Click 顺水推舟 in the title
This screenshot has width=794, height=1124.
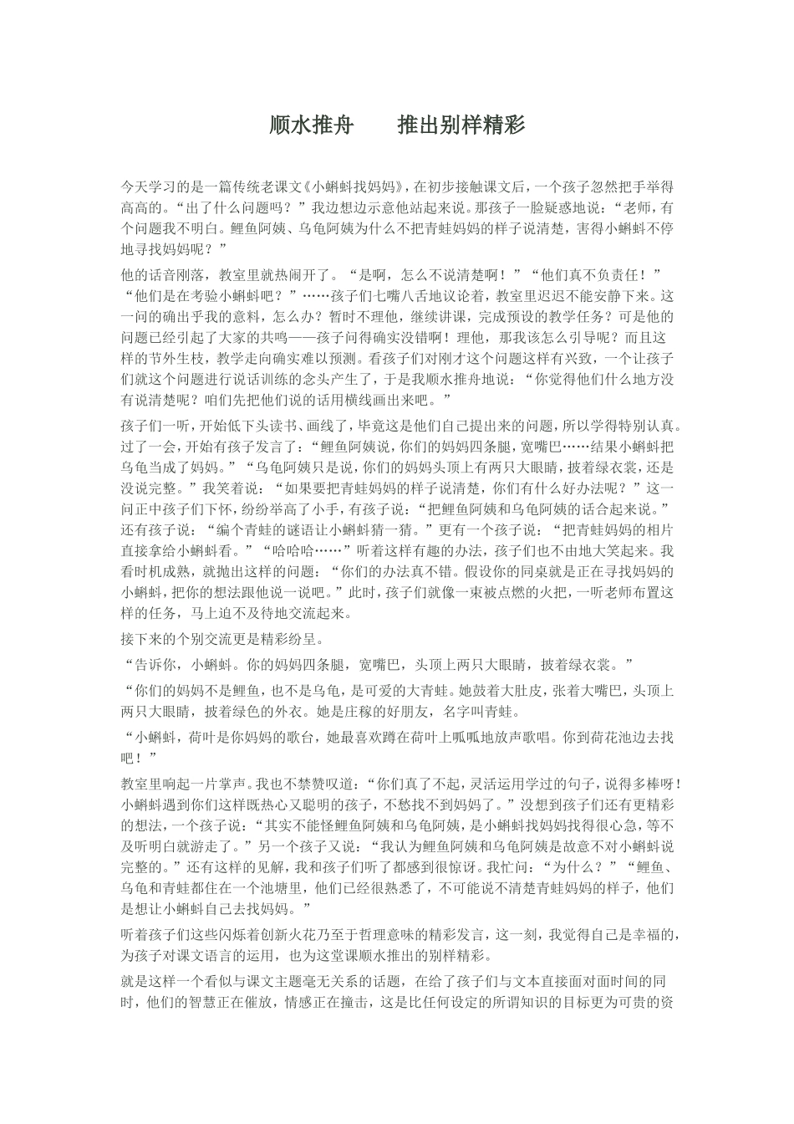(311, 126)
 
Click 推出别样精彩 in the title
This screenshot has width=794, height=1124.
(461, 126)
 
